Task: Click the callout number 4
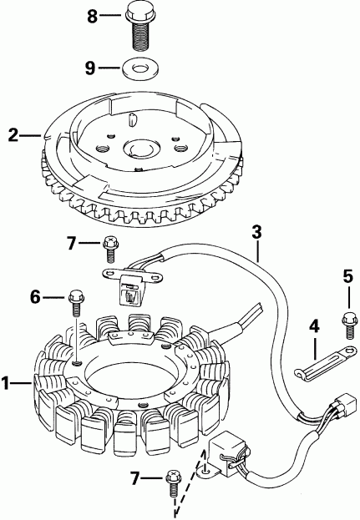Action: (x=315, y=327)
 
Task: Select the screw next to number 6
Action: (x=75, y=298)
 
